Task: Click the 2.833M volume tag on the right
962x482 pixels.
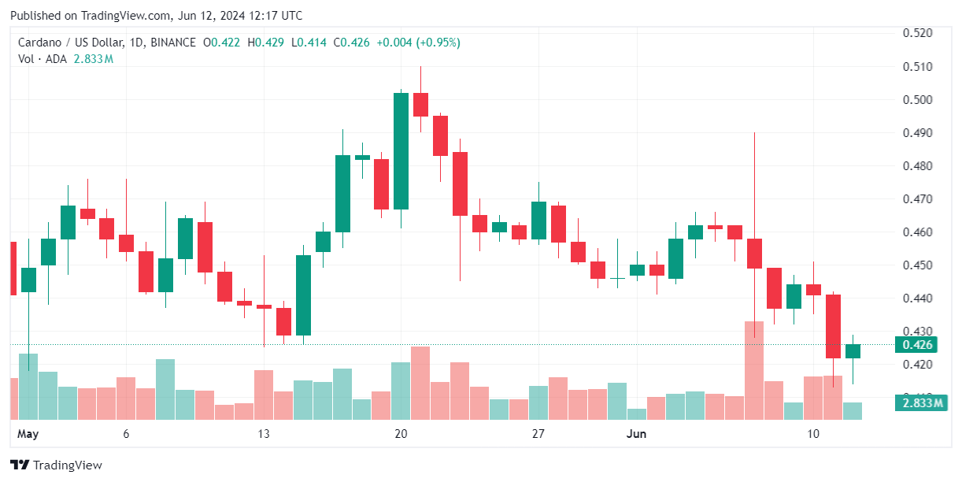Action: (x=916, y=403)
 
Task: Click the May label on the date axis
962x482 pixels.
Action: (x=28, y=434)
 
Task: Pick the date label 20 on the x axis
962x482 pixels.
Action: (x=401, y=434)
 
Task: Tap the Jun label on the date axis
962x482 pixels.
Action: (x=636, y=434)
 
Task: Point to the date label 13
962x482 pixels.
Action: (x=263, y=434)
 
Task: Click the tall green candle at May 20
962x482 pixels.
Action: (x=401, y=150)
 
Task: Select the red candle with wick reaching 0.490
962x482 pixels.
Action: (x=754, y=253)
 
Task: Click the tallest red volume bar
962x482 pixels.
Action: (x=754, y=370)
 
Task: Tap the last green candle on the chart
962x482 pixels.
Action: (x=853, y=351)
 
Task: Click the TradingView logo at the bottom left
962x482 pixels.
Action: (x=56, y=465)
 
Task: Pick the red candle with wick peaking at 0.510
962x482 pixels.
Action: (x=420, y=104)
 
